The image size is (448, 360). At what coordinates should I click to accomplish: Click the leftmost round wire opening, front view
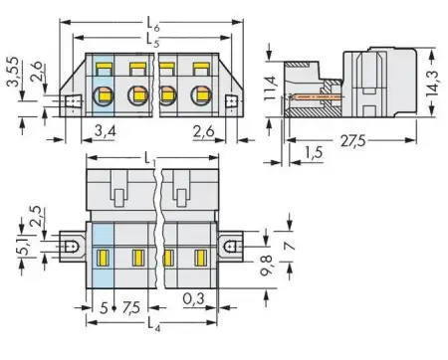[105, 97]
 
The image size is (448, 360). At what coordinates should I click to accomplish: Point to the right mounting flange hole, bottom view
[231, 243]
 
